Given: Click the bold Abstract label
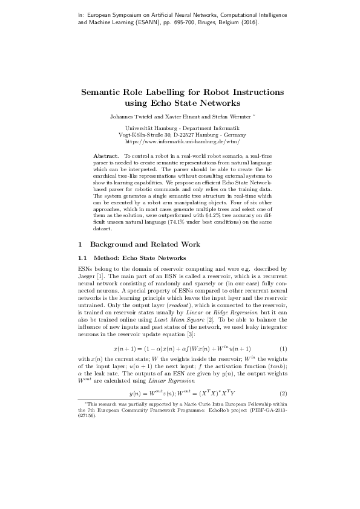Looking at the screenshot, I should (x=105, y=157).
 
